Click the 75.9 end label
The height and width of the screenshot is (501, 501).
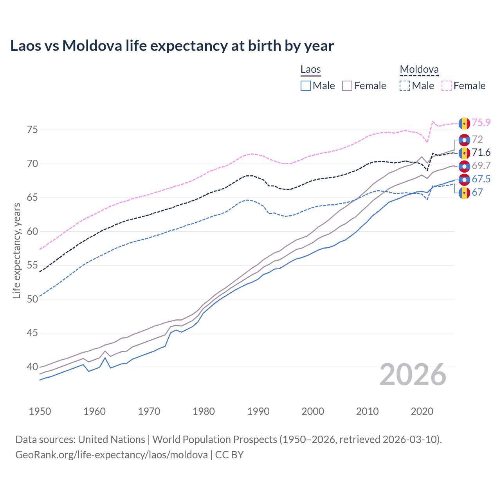tap(481, 123)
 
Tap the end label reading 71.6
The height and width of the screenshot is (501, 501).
tap(481, 153)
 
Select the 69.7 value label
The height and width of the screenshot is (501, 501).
tap(481, 166)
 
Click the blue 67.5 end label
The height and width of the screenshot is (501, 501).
tap(481, 179)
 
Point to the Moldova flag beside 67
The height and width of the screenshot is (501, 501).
tap(464, 193)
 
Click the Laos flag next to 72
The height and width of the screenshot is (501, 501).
tap(464, 140)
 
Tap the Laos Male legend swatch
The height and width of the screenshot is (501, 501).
tap(306, 86)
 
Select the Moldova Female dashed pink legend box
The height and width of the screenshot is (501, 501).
tap(447, 86)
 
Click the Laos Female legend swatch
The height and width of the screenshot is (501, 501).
tap(348, 86)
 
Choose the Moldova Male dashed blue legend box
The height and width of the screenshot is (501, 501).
tap(405, 86)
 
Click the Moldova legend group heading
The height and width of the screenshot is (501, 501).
tap(419, 70)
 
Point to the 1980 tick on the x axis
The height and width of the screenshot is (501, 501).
tap(204, 411)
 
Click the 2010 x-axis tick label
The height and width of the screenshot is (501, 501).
tap(367, 411)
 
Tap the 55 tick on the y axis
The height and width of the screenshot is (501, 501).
tap(32, 265)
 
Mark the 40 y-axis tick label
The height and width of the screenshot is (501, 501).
tap(32, 367)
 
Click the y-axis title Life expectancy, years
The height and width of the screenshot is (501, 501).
tap(16, 250)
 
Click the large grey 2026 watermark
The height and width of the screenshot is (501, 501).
tap(413, 375)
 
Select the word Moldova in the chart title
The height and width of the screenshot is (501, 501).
tap(92, 46)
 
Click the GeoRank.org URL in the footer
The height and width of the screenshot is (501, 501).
tap(112, 455)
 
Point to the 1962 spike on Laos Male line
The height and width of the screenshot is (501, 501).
tap(105, 358)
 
